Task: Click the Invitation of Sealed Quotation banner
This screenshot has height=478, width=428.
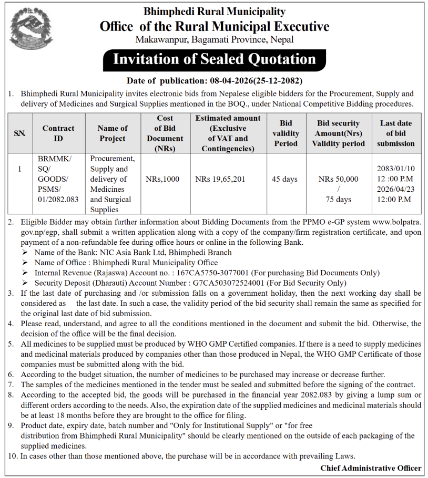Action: (214, 59)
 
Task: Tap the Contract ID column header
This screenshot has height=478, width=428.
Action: (58, 133)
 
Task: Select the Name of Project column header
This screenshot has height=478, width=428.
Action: (113, 133)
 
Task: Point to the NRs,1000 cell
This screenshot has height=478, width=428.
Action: (162, 179)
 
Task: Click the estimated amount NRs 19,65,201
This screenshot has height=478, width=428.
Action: (219, 179)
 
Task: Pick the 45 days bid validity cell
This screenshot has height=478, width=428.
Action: (284, 179)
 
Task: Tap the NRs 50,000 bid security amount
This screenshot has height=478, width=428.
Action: (338, 179)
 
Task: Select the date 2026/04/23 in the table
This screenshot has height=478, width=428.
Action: (395, 189)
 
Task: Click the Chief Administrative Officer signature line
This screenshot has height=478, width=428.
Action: (371, 467)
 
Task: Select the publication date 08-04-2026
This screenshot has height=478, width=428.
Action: (229, 81)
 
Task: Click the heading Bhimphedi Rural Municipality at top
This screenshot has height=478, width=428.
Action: (214, 11)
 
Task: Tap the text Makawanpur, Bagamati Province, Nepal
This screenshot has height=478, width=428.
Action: (214, 39)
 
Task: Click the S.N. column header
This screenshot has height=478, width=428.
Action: (19, 133)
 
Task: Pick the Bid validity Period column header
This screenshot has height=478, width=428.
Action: (286, 133)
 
